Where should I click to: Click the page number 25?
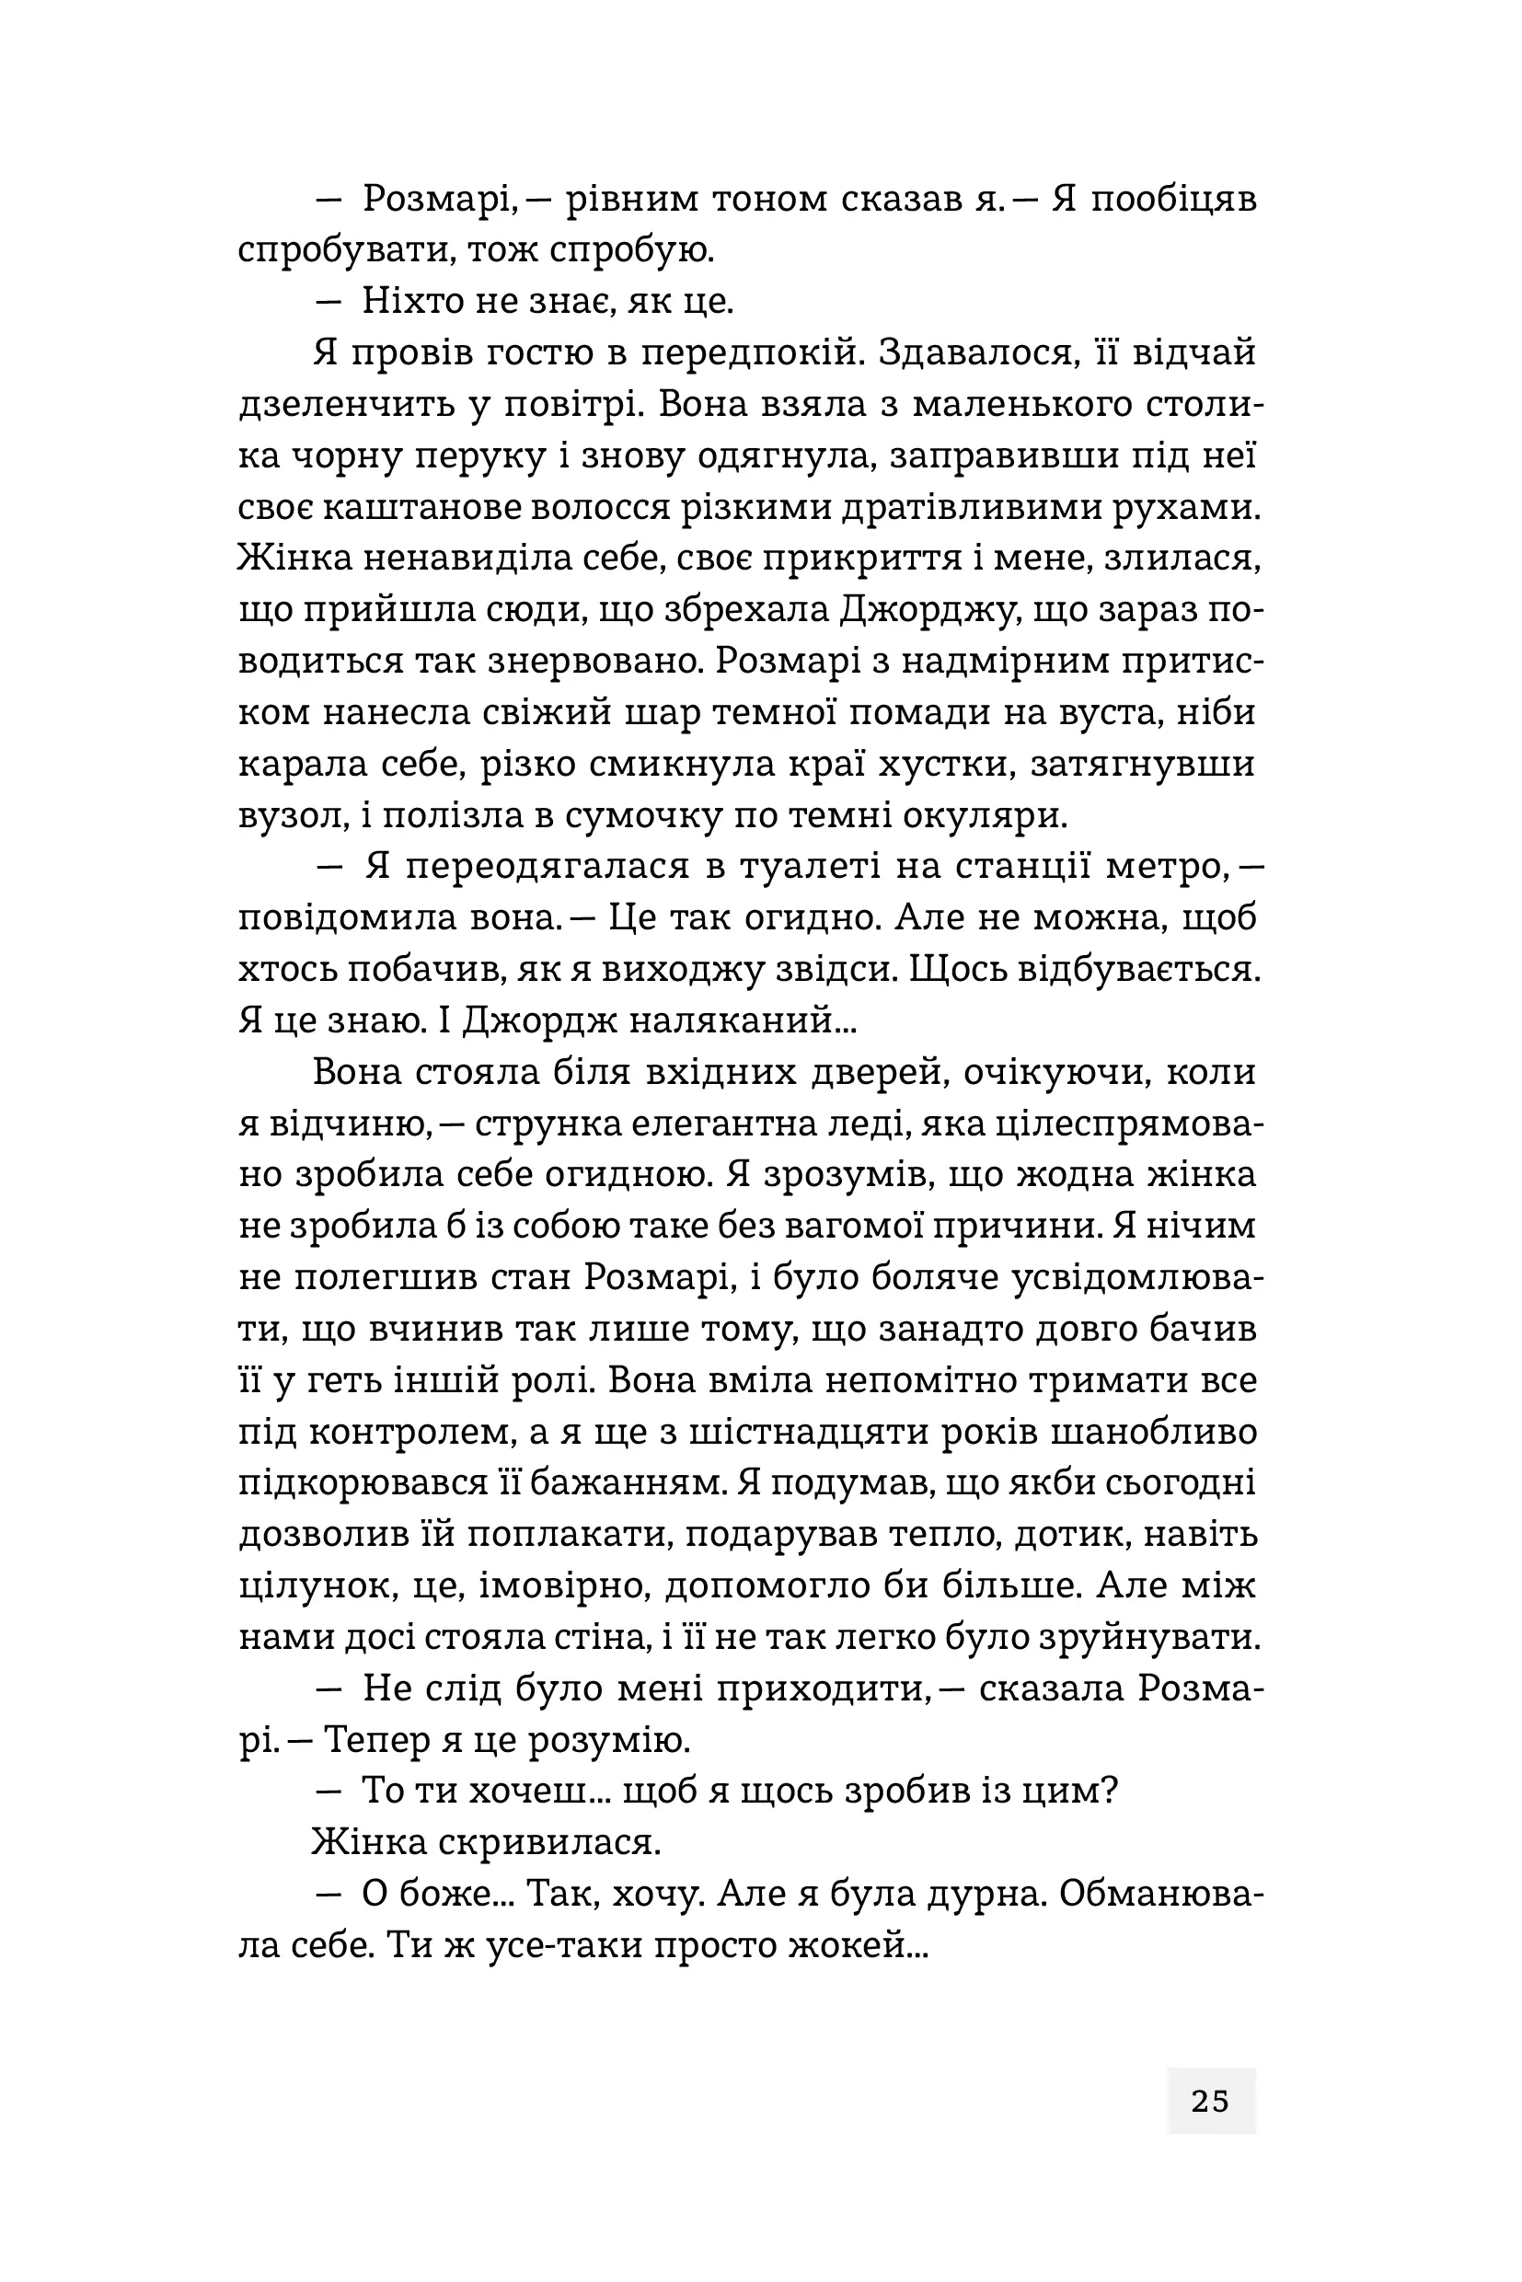(x=1209, y=2101)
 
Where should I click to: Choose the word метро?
(x=1165, y=867)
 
